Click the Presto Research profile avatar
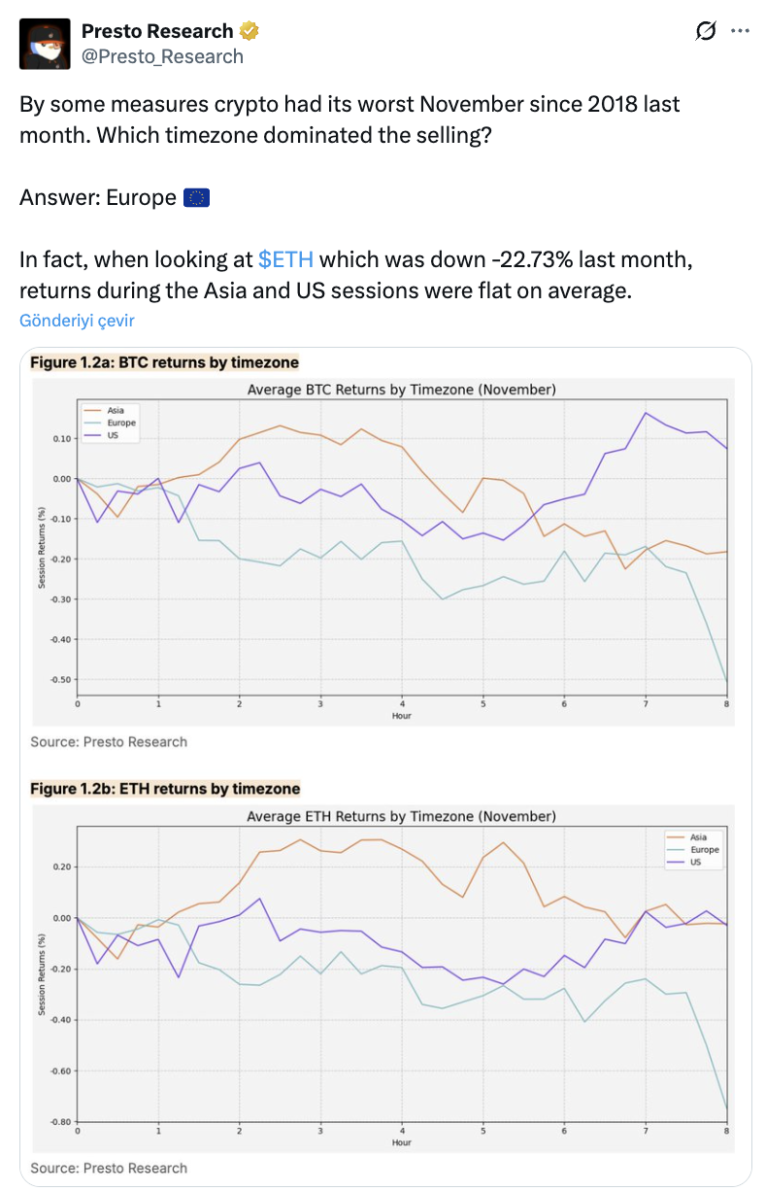pos(45,44)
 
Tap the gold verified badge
pos(249,32)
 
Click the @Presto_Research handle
pos(162,56)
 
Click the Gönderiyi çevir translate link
pos(77,321)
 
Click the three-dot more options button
pos(740,32)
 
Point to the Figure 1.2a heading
pos(164,362)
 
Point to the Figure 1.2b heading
pos(165,789)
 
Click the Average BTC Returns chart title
pos(402,390)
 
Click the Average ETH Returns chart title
pos(402,816)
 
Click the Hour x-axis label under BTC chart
pos(402,715)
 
